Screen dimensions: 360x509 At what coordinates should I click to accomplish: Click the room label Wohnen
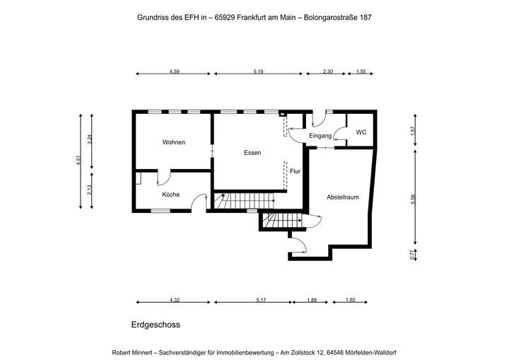[173, 142]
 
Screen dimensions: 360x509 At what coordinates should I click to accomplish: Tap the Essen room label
[252, 153]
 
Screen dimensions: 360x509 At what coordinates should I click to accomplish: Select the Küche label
[170, 194]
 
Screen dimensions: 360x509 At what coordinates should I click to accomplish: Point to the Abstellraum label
[342, 197]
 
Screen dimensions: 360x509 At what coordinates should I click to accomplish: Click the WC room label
[361, 132]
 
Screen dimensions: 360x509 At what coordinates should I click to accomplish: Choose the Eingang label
[320, 136]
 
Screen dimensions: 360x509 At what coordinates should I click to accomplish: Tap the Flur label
[296, 171]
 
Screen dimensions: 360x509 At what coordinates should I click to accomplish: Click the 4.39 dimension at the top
[174, 71]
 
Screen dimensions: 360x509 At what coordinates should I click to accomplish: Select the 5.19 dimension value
[257, 71]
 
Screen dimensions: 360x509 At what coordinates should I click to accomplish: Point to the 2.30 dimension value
[327, 71]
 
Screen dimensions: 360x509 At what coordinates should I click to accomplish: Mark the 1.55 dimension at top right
[361, 71]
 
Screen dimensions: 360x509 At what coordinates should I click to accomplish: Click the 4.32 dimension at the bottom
[174, 300]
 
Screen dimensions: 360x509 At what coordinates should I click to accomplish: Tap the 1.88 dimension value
[311, 300]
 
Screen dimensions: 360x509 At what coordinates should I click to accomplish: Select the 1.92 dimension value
[351, 300]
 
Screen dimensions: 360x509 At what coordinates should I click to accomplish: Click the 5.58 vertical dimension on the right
[413, 200]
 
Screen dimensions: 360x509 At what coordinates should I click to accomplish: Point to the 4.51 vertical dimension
[79, 161]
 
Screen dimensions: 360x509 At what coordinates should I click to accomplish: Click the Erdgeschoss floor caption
[156, 325]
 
